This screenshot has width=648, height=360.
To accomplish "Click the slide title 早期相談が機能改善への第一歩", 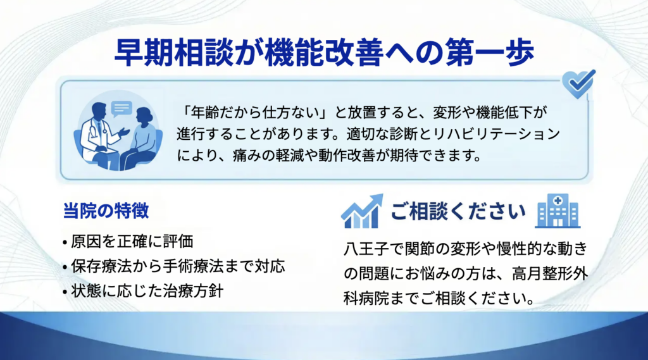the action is point(325,53).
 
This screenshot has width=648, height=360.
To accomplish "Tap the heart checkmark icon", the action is point(578,84).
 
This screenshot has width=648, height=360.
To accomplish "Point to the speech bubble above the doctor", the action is point(121,109).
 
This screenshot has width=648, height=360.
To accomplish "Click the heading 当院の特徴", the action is point(106,211).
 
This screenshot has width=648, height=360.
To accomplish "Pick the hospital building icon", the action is point(558,211).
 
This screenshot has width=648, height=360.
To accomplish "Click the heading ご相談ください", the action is point(458,211).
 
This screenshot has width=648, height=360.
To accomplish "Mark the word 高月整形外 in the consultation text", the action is point(550,273).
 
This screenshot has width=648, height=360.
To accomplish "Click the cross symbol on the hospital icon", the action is point(558,201).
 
